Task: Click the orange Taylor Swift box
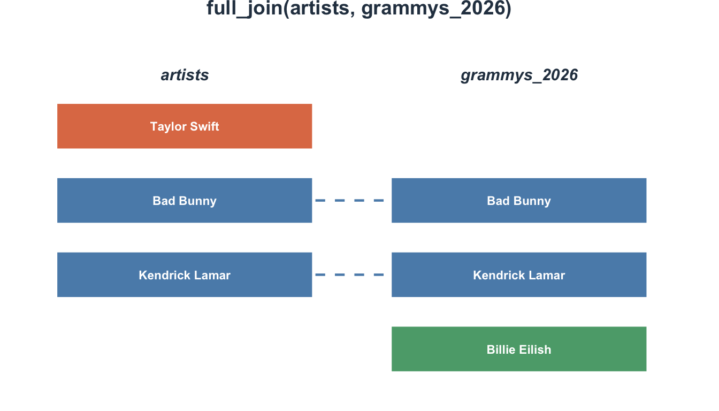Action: pos(185,126)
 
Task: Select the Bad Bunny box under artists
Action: pos(185,200)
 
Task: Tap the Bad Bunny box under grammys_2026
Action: pos(519,200)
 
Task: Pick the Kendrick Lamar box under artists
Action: pos(185,275)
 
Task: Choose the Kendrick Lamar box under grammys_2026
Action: pos(519,275)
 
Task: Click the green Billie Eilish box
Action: pos(519,349)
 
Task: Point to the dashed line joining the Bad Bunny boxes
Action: pos(349,200)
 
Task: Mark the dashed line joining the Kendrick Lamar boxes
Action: pos(349,275)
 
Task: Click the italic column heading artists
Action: pos(185,75)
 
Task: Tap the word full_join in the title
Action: pos(244,9)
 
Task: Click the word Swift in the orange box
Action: pos(204,126)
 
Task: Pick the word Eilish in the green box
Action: pos(535,349)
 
